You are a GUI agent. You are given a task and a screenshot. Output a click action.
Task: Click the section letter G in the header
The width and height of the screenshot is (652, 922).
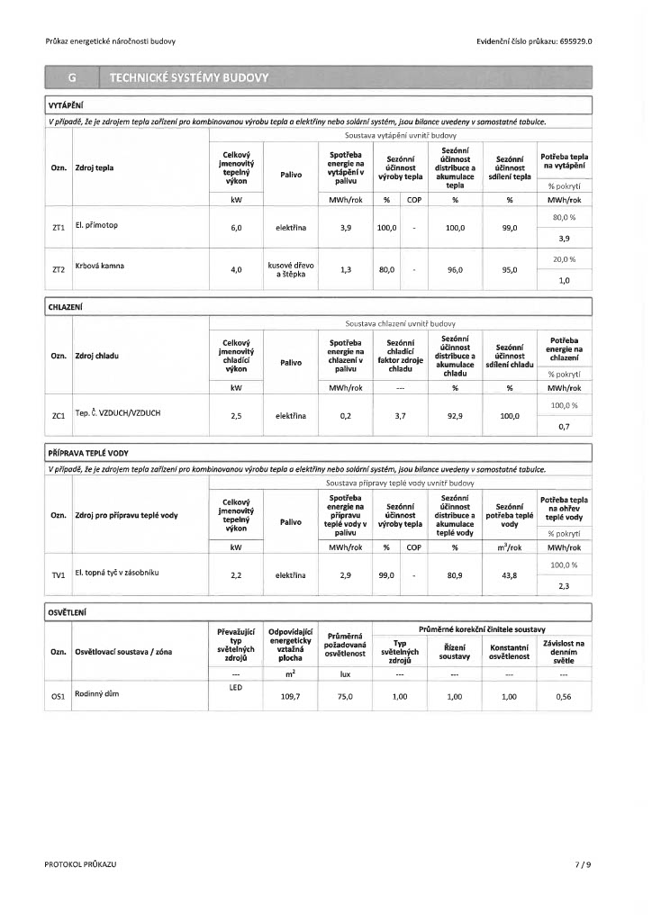[x=72, y=78]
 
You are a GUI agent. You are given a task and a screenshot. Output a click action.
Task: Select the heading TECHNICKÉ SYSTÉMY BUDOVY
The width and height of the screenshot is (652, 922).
[x=188, y=78]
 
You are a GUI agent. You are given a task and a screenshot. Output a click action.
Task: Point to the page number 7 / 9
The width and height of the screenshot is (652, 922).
[x=584, y=864]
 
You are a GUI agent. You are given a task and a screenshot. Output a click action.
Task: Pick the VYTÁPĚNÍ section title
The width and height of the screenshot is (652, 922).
[x=66, y=105]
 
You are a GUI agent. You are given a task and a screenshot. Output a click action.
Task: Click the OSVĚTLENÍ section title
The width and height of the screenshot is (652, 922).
[x=68, y=612]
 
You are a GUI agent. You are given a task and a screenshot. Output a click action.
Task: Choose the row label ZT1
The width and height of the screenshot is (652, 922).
[x=59, y=229]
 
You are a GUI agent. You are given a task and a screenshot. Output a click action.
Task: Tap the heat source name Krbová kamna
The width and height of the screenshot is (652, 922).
[x=100, y=267]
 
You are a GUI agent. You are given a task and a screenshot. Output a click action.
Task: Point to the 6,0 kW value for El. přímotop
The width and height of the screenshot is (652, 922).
[x=236, y=229]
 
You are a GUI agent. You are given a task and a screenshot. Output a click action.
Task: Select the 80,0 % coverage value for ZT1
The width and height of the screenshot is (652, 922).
[x=564, y=218]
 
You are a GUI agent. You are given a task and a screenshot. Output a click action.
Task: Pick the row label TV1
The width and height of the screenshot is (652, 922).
[x=59, y=574]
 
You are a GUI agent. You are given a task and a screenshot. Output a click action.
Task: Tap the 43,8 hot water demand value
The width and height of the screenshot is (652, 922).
[x=509, y=574]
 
